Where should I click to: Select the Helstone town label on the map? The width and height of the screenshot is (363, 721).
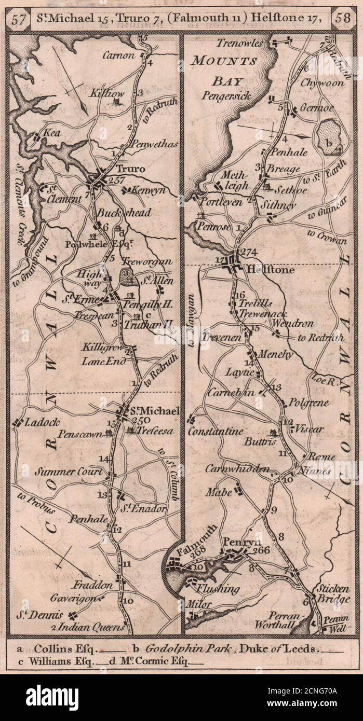264,270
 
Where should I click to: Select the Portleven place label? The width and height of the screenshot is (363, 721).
221,202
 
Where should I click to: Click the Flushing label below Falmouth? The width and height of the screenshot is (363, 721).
218,589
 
